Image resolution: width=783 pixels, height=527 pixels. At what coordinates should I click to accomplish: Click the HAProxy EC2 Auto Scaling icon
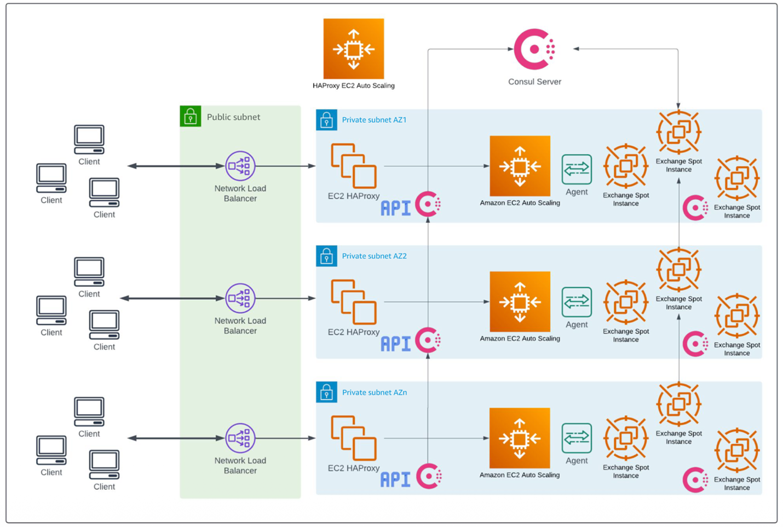point(353,49)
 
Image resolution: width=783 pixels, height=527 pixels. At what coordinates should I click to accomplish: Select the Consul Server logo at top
point(534,49)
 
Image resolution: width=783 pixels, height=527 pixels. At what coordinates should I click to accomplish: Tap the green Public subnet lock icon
point(191,116)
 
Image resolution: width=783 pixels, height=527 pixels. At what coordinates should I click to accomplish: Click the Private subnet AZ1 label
point(374,120)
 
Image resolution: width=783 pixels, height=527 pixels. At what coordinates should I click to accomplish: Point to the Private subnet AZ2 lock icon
point(326,256)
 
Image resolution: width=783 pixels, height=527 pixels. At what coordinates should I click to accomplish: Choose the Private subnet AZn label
point(374,392)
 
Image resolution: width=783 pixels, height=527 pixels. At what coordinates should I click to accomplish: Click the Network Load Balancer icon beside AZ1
point(240,166)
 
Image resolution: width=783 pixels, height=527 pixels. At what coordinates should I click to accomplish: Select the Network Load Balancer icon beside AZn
point(240,438)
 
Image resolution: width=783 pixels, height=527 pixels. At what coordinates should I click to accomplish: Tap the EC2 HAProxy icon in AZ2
point(353,302)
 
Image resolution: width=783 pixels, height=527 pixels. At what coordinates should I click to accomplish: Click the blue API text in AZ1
point(395,208)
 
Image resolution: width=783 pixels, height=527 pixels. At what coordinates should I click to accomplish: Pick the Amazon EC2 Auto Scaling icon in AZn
point(520,438)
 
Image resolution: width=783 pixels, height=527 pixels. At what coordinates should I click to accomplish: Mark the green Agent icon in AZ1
point(577,169)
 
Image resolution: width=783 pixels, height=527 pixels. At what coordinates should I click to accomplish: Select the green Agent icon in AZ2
point(577,302)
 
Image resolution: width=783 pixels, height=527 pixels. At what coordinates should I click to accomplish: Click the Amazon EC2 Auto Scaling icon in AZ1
point(520,166)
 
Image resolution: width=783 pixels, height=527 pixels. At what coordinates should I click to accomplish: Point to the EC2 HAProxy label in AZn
point(353,468)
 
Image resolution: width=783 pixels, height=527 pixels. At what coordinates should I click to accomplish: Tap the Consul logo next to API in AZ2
point(428,340)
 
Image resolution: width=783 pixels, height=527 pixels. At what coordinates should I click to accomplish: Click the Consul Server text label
point(534,82)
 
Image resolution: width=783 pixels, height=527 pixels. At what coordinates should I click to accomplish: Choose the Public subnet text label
point(233,117)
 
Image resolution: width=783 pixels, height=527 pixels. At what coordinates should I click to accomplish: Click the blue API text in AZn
point(395,480)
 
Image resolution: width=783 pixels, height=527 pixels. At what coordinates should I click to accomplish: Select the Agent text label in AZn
point(577,461)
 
